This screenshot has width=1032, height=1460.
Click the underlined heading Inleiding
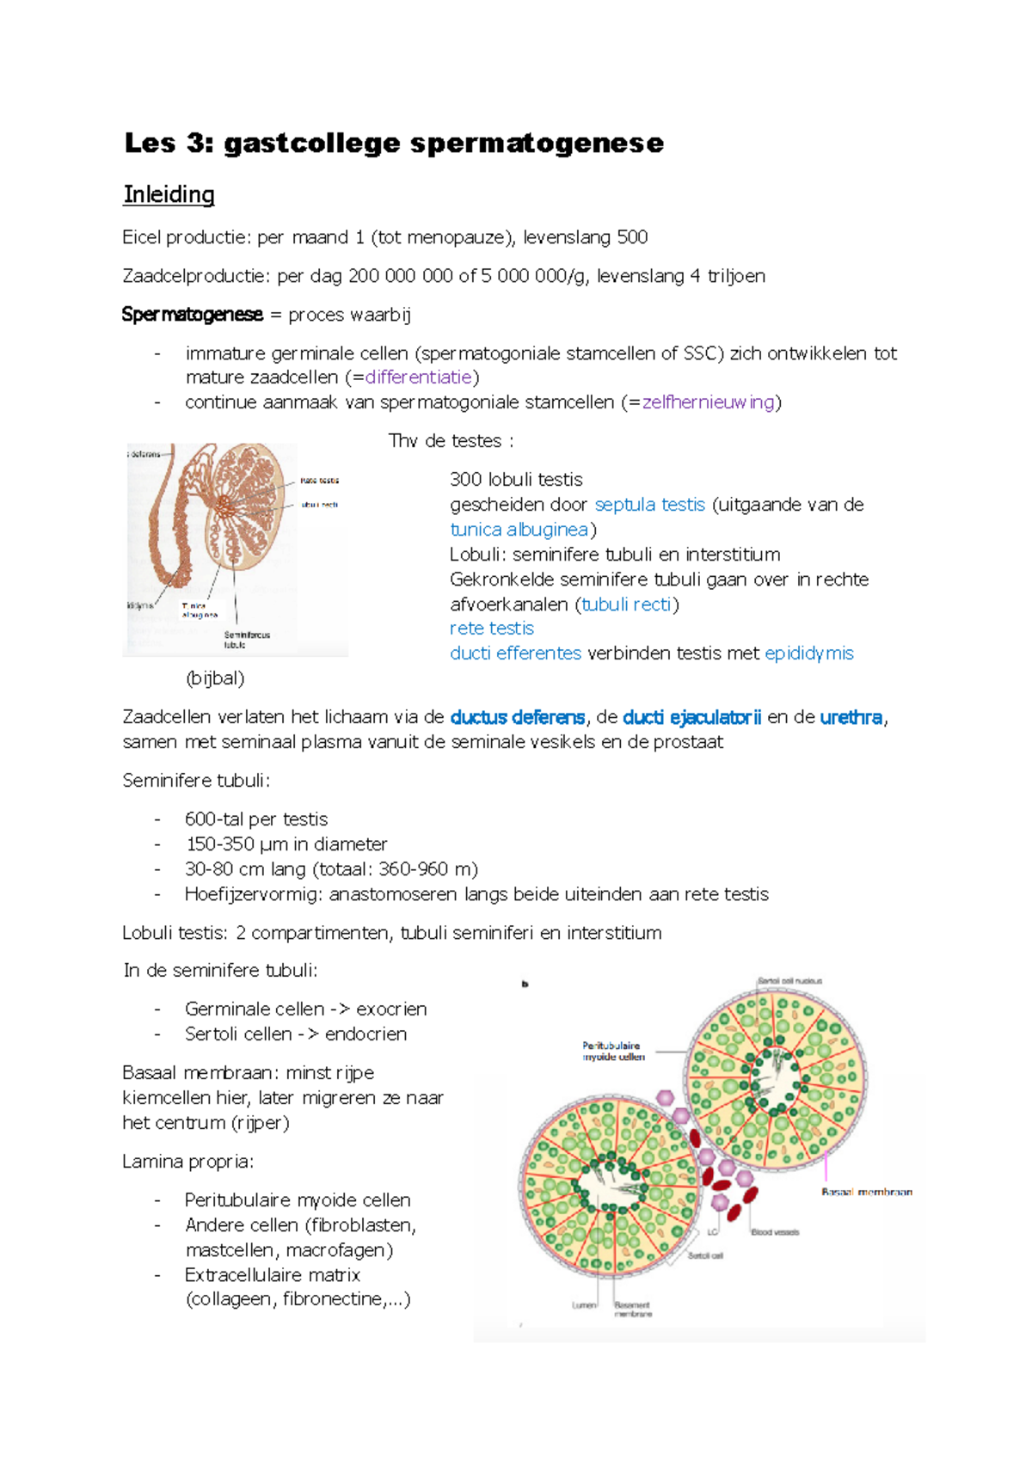[169, 194]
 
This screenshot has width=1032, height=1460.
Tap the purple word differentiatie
[419, 377]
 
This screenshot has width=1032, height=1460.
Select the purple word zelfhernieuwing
[709, 402]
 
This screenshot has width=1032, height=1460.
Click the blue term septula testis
[649, 505]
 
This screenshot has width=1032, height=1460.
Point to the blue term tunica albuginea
[519, 530]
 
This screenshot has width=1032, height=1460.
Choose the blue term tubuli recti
[626, 604]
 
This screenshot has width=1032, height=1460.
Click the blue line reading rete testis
[491, 629]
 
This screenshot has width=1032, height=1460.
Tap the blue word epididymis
[808, 653]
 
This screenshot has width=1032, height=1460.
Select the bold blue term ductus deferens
[517, 717]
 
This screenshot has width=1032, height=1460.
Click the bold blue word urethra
[851, 717]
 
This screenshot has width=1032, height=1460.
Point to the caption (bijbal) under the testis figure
[215, 678]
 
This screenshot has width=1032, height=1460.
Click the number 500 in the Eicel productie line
[632, 237]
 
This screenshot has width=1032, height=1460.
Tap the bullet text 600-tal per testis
[256, 819]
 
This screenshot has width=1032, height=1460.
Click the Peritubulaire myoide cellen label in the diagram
[612, 1052]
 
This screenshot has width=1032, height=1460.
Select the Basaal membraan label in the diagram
[866, 1192]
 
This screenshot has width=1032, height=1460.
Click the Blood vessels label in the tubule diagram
[775, 1232]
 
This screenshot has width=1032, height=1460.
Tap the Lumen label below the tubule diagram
[584, 1305]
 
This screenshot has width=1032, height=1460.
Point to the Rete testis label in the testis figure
[319, 481]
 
